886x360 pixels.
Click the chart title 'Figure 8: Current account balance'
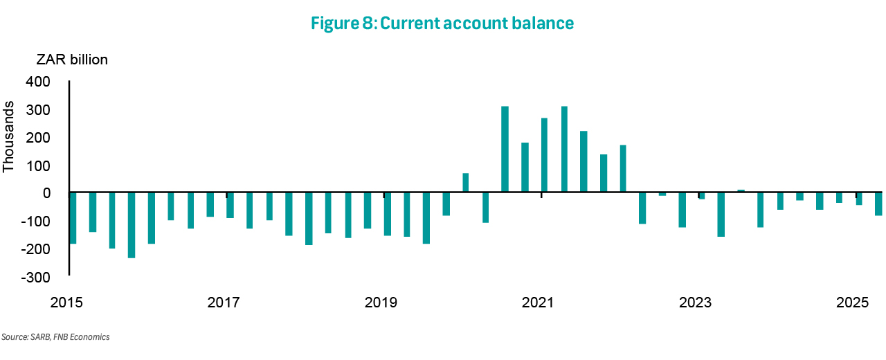point(442,23)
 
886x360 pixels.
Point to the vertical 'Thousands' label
point(9,137)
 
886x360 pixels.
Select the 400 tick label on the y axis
point(37,82)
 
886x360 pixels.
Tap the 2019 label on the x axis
point(381,303)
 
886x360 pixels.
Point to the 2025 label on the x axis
point(853,303)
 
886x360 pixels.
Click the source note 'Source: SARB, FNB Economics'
point(55,337)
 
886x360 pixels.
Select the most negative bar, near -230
point(132,225)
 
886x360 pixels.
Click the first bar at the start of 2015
point(73,218)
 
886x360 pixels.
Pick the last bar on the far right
point(878,204)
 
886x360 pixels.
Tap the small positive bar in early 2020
point(466,183)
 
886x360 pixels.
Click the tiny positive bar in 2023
point(741,191)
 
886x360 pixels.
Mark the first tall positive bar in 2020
point(505,150)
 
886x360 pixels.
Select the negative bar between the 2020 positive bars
point(486,208)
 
